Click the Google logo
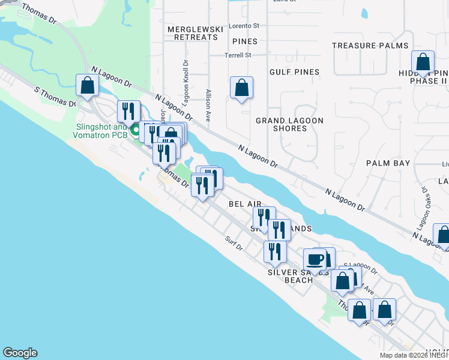point(20,353)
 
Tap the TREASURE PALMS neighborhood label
point(370,46)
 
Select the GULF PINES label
point(294,72)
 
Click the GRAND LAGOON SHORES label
point(289,124)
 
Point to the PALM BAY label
point(388,163)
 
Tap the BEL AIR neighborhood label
point(245,204)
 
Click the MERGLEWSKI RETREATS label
point(192,33)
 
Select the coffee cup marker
point(315,259)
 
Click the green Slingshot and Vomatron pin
point(136,129)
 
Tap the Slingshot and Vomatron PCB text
point(102,131)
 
